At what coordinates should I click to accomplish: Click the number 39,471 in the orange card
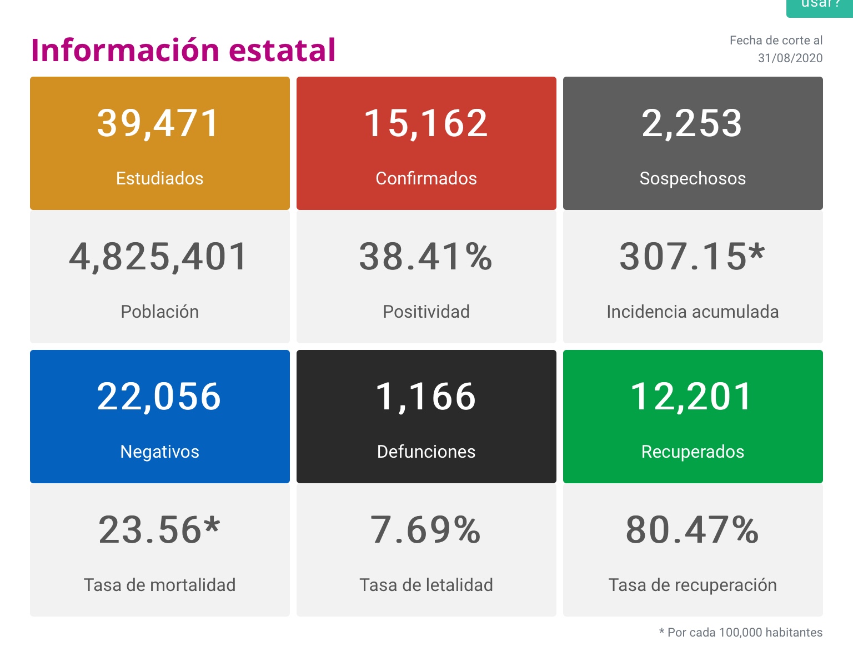pyautogui.click(x=159, y=123)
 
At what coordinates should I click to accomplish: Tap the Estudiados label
pyautogui.click(x=159, y=178)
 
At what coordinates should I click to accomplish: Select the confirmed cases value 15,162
pyautogui.click(x=426, y=123)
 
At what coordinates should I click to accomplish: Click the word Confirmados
pyautogui.click(x=426, y=178)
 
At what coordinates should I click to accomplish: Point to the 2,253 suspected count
pyautogui.click(x=692, y=123)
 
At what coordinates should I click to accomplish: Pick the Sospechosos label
pyautogui.click(x=693, y=178)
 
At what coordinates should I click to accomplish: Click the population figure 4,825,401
pyautogui.click(x=159, y=257)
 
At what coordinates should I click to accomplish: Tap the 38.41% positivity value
pyautogui.click(x=426, y=257)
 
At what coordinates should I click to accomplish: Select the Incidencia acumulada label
pyautogui.click(x=693, y=312)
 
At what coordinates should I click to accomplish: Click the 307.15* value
pyautogui.click(x=692, y=257)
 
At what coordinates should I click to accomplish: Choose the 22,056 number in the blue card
pyautogui.click(x=159, y=397)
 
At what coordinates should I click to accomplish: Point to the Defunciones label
pyautogui.click(x=426, y=452)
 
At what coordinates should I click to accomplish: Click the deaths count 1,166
pyautogui.click(x=426, y=397)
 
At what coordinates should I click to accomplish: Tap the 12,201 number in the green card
pyautogui.click(x=692, y=397)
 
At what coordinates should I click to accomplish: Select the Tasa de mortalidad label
pyautogui.click(x=159, y=585)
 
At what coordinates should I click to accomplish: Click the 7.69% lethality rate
pyautogui.click(x=426, y=530)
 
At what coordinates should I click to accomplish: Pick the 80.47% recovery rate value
pyautogui.click(x=692, y=530)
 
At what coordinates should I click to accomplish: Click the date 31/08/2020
pyautogui.click(x=790, y=58)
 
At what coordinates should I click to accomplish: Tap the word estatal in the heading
pyautogui.click(x=282, y=50)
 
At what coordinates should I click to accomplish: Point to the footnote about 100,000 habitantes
pyautogui.click(x=741, y=632)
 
